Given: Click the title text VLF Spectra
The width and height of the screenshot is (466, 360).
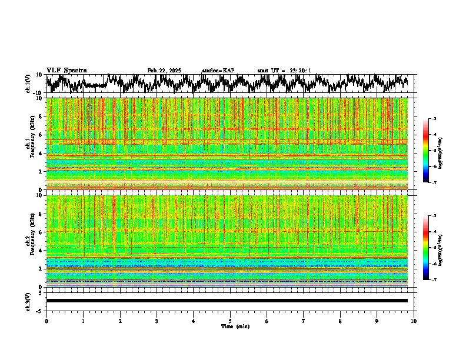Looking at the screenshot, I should pyautogui.click(x=66, y=71).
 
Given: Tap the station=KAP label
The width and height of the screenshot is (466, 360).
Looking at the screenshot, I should pyautogui.click(x=218, y=71).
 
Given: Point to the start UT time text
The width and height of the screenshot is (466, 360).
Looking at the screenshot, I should pyautogui.click(x=284, y=71).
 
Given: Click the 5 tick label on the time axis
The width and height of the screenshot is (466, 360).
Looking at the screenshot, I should pyautogui.click(x=230, y=321).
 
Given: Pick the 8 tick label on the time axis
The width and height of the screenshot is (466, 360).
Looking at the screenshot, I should pyautogui.click(x=340, y=321).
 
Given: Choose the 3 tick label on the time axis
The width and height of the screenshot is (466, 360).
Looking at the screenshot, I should pyautogui.click(x=157, y=321).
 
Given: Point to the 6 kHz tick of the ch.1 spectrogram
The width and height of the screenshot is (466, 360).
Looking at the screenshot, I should pyautogui.click(x=42, y=135).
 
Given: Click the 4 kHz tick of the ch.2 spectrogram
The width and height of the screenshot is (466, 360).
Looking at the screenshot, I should pyautogui.click(x=42, y=251).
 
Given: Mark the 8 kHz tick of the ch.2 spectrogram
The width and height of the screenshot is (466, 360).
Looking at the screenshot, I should pyautogui.click(x=42, y=214).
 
